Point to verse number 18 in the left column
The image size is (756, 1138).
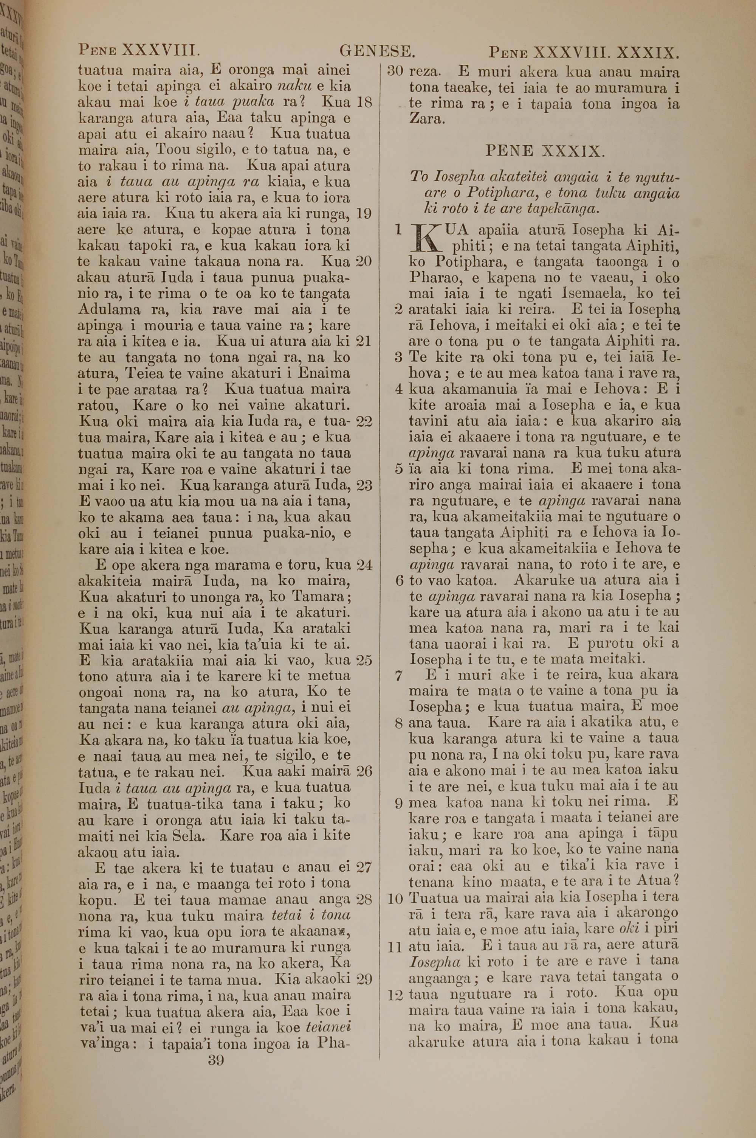point(364,102)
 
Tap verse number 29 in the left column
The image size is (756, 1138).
point(364,979)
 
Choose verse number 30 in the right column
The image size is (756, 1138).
point(395,72)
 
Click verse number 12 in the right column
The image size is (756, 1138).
point(395,994)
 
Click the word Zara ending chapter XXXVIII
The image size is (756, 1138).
point(425,119)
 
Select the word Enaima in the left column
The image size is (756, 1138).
point(324,373)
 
